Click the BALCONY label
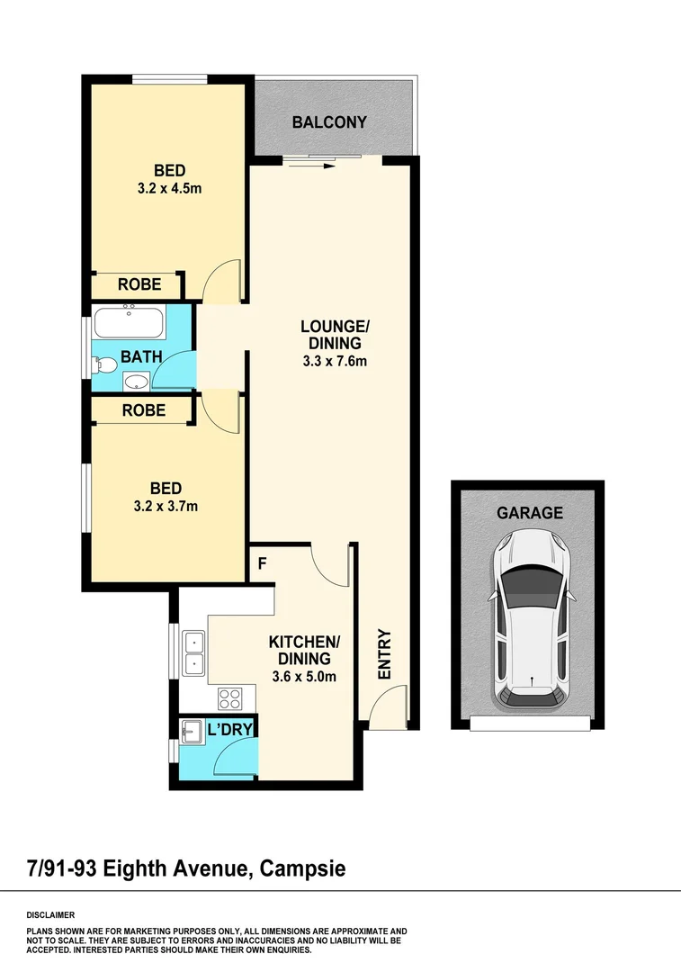[329, 121]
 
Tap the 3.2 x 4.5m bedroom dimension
[169, 189]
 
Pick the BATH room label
[141, 356]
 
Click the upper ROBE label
[139, 284]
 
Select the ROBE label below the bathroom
[144, 409]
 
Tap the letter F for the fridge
[262, 565]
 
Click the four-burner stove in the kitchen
[230, 697]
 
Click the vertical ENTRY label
[383, 654]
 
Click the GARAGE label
[530, 513]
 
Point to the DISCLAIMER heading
[51, 913]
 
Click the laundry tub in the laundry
[191, 732]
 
